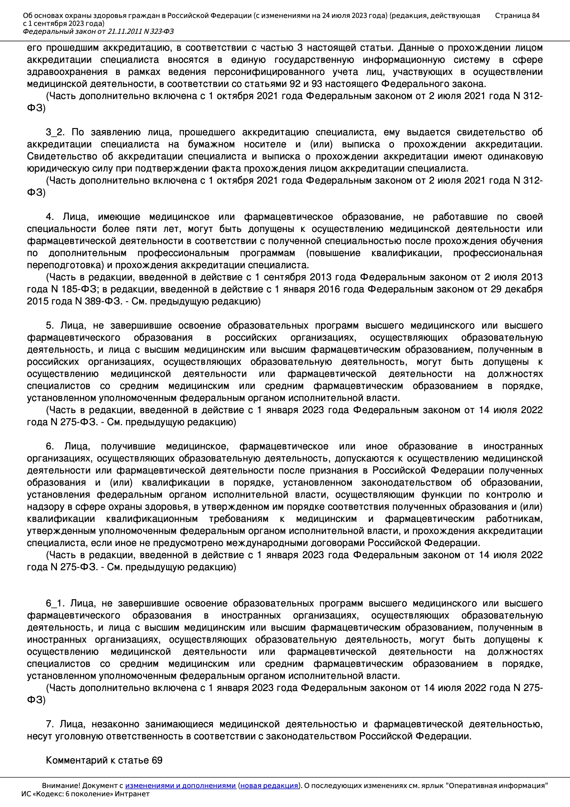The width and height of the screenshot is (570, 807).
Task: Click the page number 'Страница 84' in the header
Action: [x=517, y=16]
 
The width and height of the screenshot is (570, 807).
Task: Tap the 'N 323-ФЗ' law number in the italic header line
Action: [x=158, y=31]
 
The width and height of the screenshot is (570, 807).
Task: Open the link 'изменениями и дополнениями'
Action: [x=180, y=785]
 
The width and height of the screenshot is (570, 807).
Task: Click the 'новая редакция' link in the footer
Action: [x=269, y=785]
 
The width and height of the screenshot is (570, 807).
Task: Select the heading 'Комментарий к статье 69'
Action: [x=104, y=760]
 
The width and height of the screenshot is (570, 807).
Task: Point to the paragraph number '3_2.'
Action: [x=55, y=132]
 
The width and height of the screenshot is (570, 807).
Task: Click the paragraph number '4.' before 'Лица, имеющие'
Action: [x=50, y=216]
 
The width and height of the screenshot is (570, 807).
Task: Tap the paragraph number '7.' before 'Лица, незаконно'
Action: [x=50, y=724]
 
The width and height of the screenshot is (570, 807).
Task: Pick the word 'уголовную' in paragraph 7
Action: [x=78, y=736]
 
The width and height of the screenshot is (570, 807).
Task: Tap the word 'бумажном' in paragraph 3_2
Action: [x=211, y=144]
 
